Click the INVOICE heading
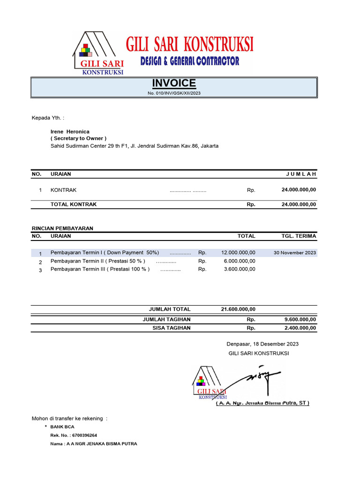coord(174,83)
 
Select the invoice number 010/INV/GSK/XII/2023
coord(174,93)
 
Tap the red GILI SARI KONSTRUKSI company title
coord(189,45)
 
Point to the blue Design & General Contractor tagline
coord(190,61)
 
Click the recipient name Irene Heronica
coord(70,132)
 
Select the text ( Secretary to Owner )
coord(78,139)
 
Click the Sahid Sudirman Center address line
coord(134,146)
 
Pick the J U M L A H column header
coord(301,174)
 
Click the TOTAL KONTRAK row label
coord(74,204)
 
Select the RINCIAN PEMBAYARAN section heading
coord(62,228)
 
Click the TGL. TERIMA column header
coord(299,236)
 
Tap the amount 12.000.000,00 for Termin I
coord(238,253)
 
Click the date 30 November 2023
coord(295,253)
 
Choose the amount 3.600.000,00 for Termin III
coord(240,269)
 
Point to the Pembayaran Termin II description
coord(97,261)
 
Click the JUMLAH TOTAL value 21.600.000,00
coord(238,309)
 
